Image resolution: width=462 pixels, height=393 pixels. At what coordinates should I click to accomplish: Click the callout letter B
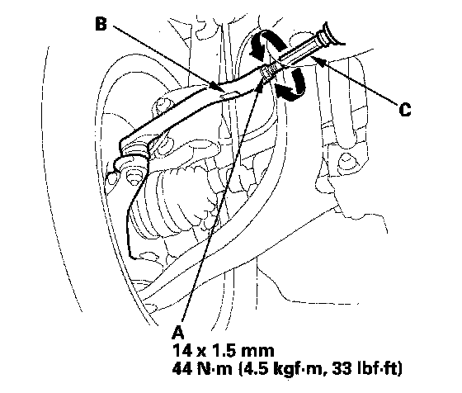101,24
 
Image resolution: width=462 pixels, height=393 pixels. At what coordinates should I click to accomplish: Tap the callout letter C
405,109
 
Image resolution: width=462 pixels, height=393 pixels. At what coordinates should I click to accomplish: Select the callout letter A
178,333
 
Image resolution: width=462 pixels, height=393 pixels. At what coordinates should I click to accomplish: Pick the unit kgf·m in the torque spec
299,369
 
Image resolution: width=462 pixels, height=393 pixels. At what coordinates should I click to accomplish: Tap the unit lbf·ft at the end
378,368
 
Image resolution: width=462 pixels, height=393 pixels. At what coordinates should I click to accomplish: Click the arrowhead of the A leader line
260,84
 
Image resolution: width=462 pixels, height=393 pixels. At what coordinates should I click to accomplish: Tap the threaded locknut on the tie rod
268,72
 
